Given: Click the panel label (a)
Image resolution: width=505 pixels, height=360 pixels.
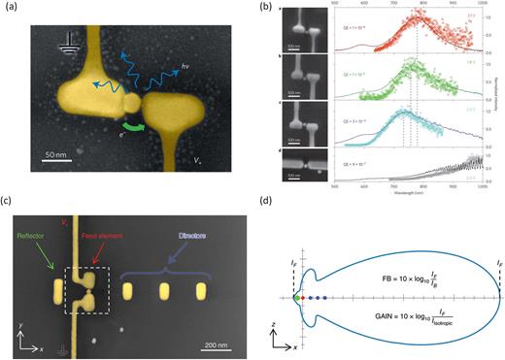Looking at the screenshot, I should [11, 9].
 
